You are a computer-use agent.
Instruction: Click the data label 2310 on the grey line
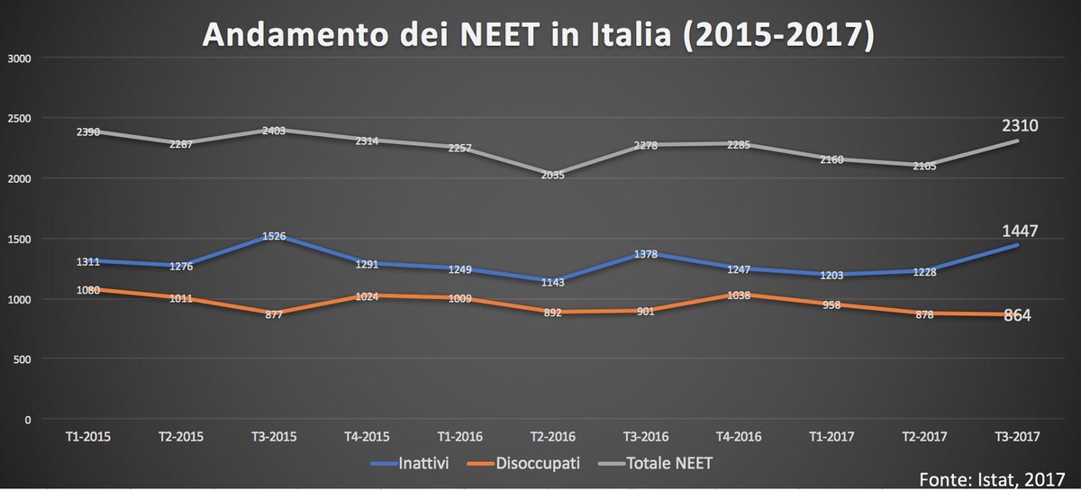click(1020, 126)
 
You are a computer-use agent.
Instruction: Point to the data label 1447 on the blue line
click(1020, 231)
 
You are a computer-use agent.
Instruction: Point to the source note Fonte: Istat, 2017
click(1000, 476)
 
